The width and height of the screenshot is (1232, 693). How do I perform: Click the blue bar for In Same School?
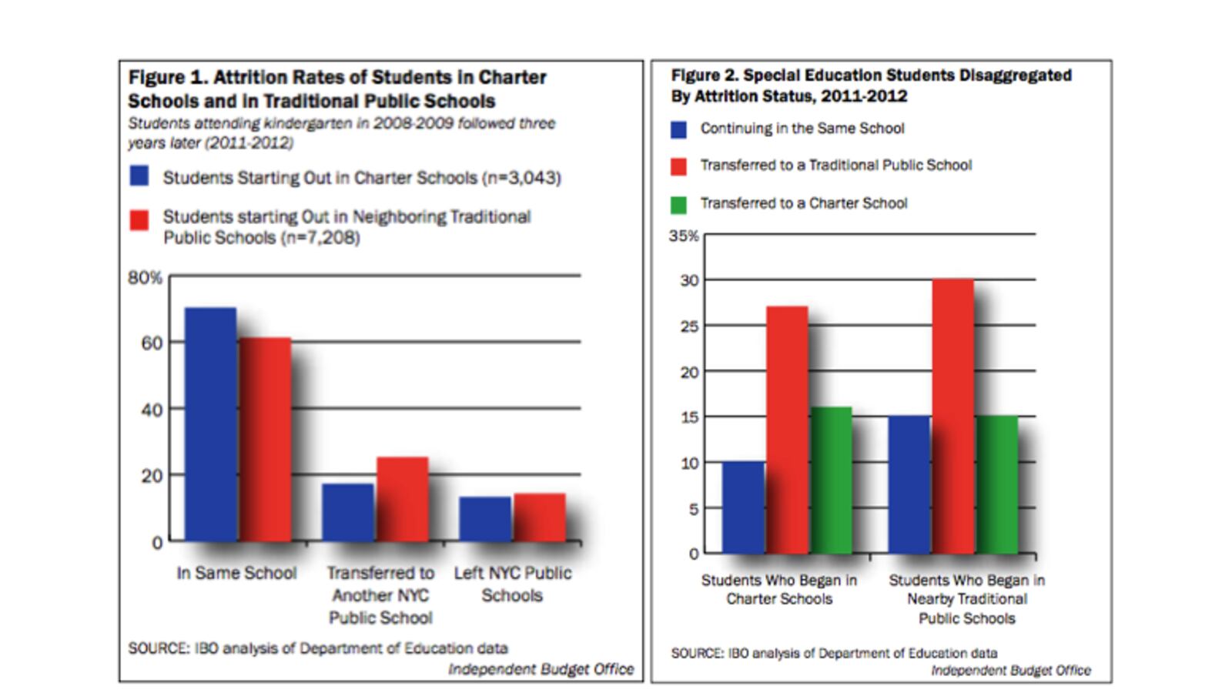[x=210, y=423]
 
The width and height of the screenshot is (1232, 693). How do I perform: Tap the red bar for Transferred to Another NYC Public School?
[x=403, y=499]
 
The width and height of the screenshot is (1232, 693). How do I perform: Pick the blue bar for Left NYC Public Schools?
[x=484, y=519]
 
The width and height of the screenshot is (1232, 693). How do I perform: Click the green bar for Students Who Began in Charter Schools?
[x=832, y=480]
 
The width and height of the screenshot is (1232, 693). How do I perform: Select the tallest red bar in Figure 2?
[x=952, y=416]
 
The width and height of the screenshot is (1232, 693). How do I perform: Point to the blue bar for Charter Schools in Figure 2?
[x=743, y=507]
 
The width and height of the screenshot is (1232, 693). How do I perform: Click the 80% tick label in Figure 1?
[x=145, y=277]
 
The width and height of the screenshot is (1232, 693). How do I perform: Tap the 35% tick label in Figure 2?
[x=684, y=236]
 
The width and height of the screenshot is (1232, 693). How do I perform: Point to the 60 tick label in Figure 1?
[x=151, y=343]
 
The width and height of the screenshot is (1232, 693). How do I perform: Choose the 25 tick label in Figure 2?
[x=689, y=326]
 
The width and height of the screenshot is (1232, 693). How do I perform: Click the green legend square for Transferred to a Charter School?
[x=678, y=205]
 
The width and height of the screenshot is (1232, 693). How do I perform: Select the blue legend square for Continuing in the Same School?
[x=678, y=129]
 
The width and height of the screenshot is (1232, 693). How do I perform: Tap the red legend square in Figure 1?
[x=139, y=220]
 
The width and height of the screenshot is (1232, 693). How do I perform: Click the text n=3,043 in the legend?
[x=522, y=178]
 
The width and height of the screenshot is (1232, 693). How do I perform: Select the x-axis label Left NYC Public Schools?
[x=512, y=584]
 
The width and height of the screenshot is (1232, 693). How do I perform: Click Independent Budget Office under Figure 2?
[x=1010, y=671]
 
